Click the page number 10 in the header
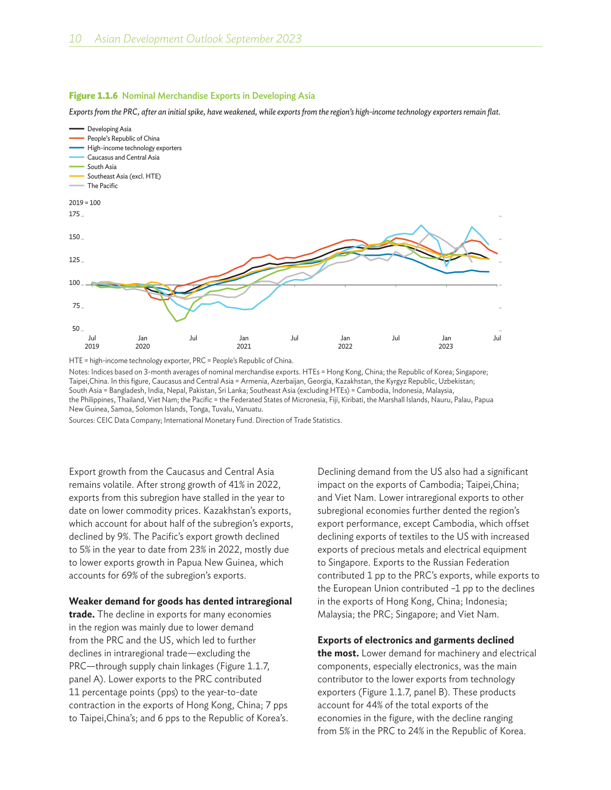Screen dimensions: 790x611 pyautogui.click(x=75, y=39)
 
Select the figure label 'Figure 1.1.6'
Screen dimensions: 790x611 pyautogui.click(x=93, y=96)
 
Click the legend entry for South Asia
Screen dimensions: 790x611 pyautogui.click(x=102, y=167)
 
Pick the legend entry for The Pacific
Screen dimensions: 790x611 pyautogui.click(x=102, y=186)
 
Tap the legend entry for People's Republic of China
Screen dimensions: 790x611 pyautogui.click(x=123, y=139)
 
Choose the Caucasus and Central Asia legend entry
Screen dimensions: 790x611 pyautogui.click(x=123, y=158)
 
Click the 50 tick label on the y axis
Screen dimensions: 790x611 pyautogui.click(x=76, y=329)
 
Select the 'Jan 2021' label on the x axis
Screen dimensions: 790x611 pyautogui.click(x=244, y=342)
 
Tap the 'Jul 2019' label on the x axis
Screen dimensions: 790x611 pyautogui.click(x=92, y=342)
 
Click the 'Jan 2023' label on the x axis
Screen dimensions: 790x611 pyautogui.click(x=446, y=342)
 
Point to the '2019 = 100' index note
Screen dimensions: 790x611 pyautogui.click(x=85, y=203)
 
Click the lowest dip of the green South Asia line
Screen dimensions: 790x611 pyautogui.click(x=176, y=321)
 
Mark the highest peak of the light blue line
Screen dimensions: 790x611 pyautogui.click(x=421, y=225)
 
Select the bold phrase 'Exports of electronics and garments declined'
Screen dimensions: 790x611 pyautogui.click(x=415, y=640)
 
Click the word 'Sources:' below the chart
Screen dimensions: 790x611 pyautogui.click(x=81, y=420)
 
